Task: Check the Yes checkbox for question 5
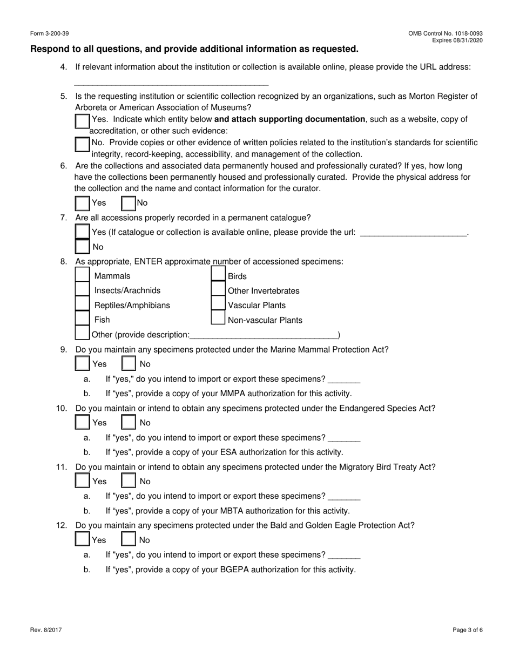[82, 121]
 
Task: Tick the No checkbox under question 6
[129, 203]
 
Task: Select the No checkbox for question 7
[82, 247]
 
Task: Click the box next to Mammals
[82, 275]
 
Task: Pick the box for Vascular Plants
[218, 304]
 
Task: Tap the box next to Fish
[82, 319]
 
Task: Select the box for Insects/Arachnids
[82, 290]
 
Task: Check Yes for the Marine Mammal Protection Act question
[82, 364]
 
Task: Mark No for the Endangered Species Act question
[129, 422]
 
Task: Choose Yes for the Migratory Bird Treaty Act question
[82, 480]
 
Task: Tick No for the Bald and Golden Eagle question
[129, 539]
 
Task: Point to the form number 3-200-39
[50, 33]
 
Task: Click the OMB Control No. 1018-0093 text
[446, 33]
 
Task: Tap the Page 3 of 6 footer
[468, 629]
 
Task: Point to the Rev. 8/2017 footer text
[45, 629]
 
